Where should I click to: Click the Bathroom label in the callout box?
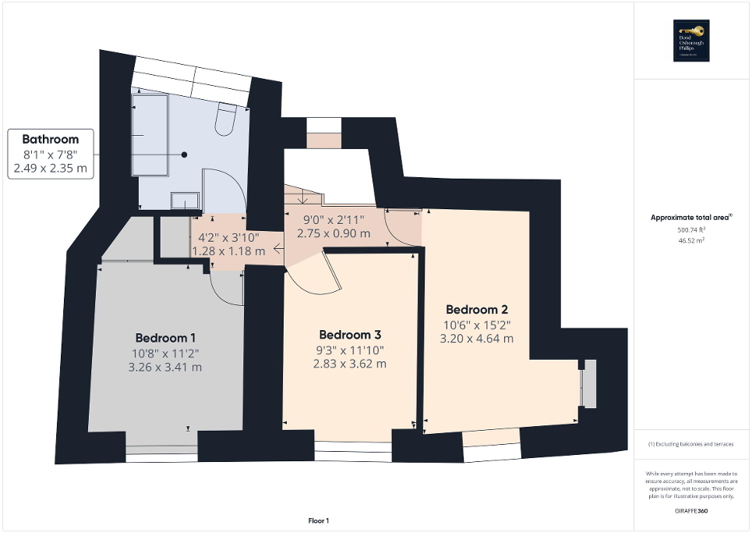tap(51, 139)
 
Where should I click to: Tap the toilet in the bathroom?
tap(226, 119)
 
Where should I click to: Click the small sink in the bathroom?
tap(184, 201)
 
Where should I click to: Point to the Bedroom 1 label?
tap(165, 338)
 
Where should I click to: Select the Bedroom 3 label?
tap(350, 335)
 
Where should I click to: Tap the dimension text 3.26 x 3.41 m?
tap(165, 367)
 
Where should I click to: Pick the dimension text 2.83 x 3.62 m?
tap(350, 364)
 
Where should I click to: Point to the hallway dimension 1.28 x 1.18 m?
tap(228, 251)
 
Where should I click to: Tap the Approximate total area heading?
tap(690, 219)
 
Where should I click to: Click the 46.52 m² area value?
tap(691, 243)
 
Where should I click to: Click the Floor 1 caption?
tap(318, 521)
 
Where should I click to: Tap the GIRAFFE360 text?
tap(691, 510)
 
